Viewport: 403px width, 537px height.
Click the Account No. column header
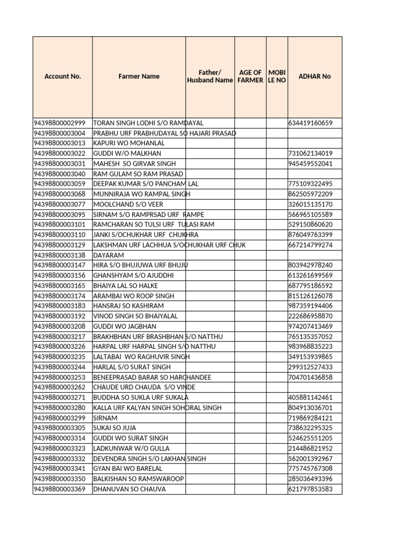[x=62, y=77]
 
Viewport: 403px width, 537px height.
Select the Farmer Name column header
[x=139, y=77]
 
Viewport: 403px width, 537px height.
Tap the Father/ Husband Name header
[x=210, y=77]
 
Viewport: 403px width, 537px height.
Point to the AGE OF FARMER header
[x=250, y=77]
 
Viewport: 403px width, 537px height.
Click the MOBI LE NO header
[x=277, y=77]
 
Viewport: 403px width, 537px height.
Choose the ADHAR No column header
[x=314, y=77]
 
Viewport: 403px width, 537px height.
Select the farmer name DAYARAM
[x=109, y=255]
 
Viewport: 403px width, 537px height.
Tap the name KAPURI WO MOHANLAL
[x=129, y=143]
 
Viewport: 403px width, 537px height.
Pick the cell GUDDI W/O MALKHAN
[x=127, y=154]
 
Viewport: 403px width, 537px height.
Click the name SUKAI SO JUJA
[x=114, y=428]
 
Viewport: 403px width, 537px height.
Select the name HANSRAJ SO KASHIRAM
[x=129, y=306]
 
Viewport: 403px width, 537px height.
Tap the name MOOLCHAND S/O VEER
[x=128, y=205]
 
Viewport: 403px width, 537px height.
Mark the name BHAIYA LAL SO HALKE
[x=126, y=286]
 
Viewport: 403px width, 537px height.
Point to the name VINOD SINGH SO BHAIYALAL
[x=135, y=316]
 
